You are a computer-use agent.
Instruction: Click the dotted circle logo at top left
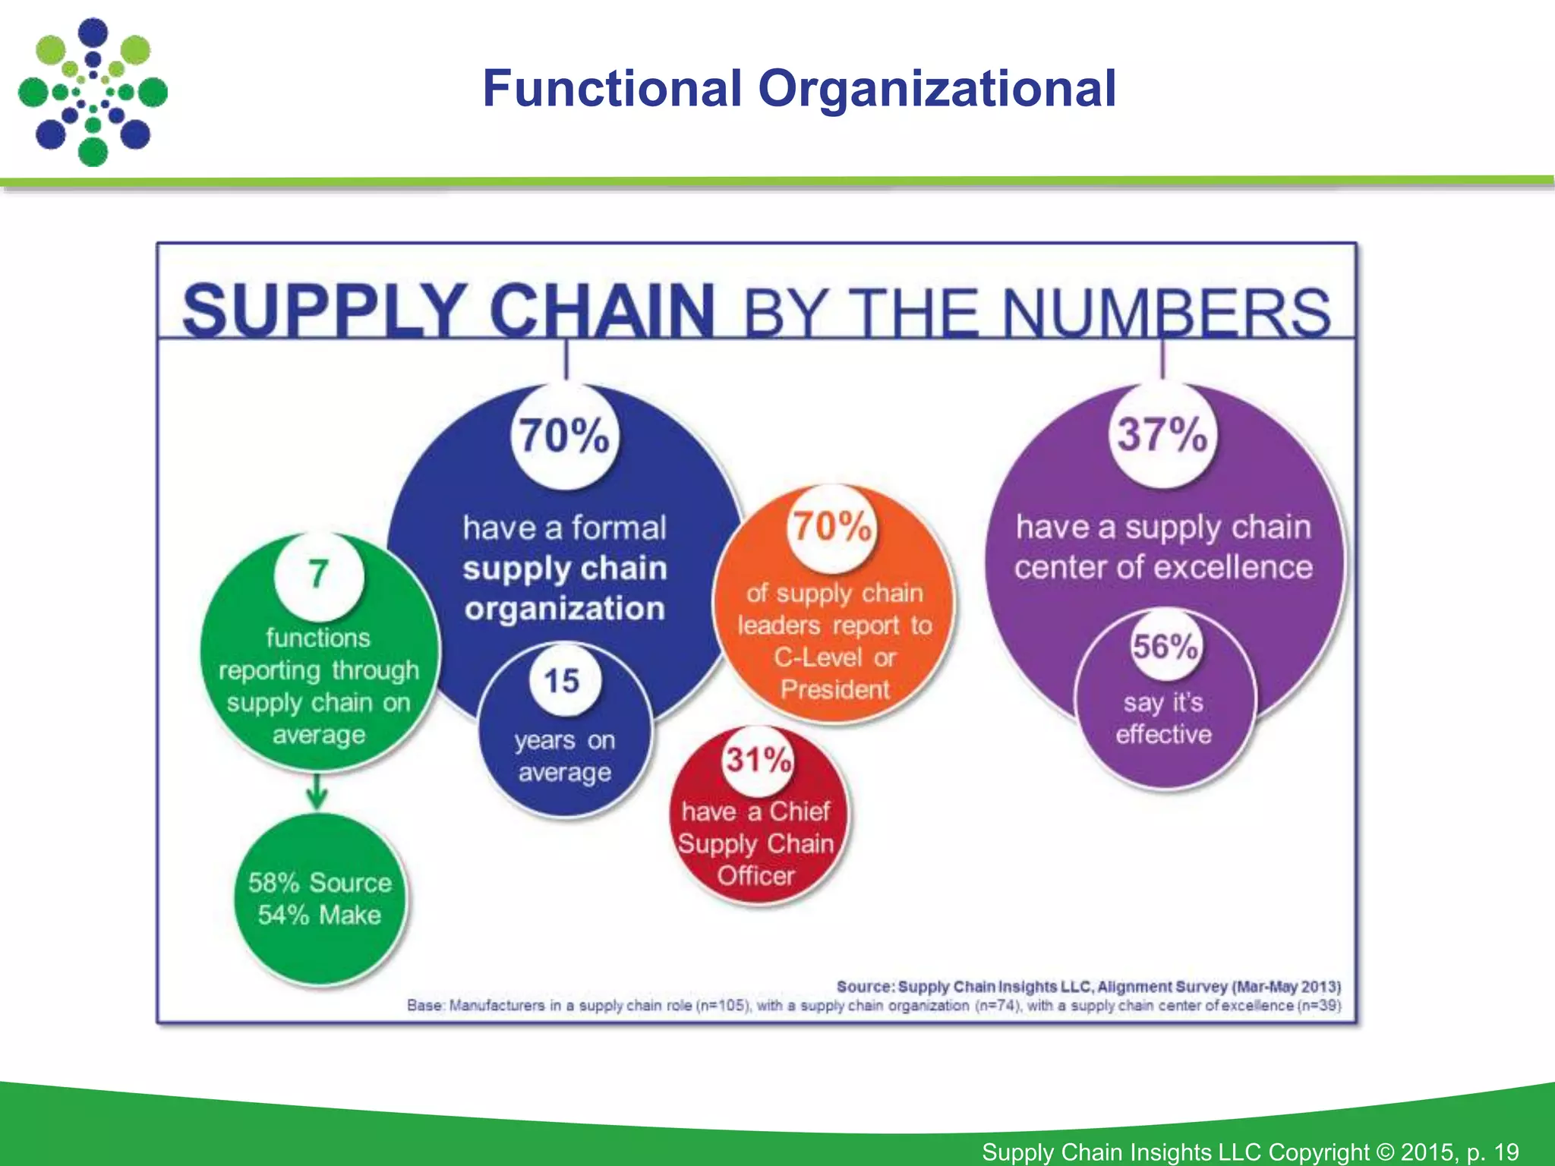[x=93, y=92]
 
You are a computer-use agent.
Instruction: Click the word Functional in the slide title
[x=612, y=89]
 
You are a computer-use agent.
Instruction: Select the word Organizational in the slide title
[x=937, y=89]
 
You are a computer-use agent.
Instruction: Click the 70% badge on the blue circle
[x=564, y=436]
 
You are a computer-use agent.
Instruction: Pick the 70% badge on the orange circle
[x=832, y=526]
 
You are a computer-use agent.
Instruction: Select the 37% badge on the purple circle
[x=1162, y=434]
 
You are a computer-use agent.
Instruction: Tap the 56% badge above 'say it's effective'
[x=1165, y=647]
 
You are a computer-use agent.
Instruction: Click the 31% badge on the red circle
[x=758, y=759]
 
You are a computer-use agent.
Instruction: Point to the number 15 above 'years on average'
[x=562, y=680]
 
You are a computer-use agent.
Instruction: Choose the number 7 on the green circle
[x=318, y=574]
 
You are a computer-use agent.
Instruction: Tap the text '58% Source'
[x=320, y=882]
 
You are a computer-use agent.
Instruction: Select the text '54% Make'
[x=320, y=915]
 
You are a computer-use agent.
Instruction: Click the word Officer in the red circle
[x=756, y=876]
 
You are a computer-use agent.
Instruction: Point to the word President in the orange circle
[x=834, y=689]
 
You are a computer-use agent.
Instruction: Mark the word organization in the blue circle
[x=565, y=609]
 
